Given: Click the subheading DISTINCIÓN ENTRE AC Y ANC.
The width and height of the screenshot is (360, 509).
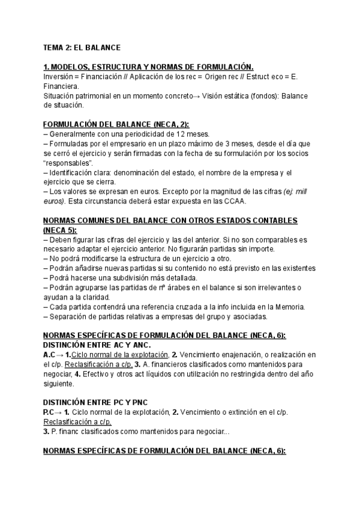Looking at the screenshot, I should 97,346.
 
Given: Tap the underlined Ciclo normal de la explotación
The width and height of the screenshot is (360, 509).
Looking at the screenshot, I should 118,355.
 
